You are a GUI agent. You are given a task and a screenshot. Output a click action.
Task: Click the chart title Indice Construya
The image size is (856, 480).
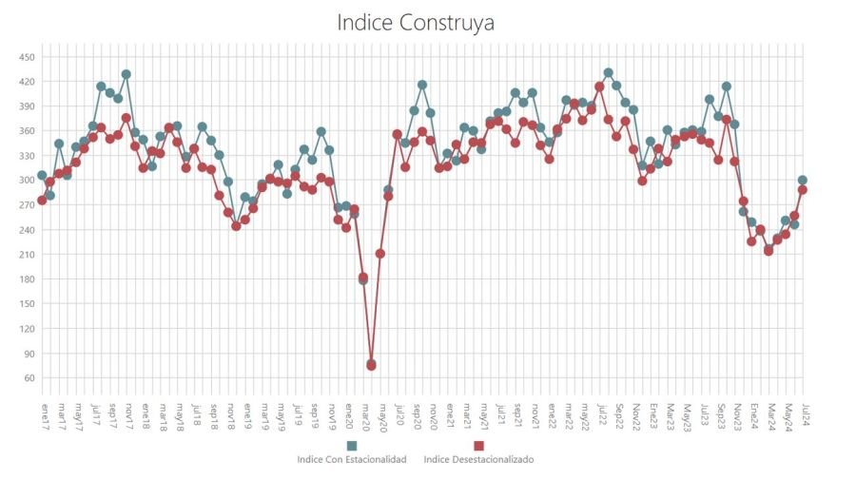[x=416, y=22]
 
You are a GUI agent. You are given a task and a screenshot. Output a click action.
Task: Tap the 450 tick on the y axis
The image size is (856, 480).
[x=27, y=57]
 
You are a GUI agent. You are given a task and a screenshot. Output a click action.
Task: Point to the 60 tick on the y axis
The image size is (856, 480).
[x=29, y=378]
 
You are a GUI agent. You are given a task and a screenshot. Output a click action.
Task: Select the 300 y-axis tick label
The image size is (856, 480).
[x=27, y=181]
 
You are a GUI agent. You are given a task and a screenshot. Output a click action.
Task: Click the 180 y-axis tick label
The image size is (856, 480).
[x=27, y=279]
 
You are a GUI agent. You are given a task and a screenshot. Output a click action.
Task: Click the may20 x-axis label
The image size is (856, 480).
[x=380, y=414]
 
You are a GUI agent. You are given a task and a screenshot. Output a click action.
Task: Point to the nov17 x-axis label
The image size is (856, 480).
[x=126, y=414]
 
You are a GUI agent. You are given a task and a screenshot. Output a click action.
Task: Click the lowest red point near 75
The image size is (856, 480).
[x=372, y=365]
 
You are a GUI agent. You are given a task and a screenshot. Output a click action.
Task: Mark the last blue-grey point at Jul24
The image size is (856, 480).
[x=803, y=180]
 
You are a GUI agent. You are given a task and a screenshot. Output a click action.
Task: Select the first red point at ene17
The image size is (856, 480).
[x=42, y=201]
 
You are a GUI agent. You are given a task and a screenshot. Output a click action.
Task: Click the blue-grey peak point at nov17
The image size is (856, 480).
[x=126, y=74]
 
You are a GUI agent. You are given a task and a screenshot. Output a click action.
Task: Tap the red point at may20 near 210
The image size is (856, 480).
[x=380, y=254]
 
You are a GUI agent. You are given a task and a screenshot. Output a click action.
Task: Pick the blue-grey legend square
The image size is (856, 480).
[x=352, y=446]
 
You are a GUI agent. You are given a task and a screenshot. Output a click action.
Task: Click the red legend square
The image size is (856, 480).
[x=478, y=446]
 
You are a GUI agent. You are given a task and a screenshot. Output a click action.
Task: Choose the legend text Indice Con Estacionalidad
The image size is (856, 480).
[x=352, y=460]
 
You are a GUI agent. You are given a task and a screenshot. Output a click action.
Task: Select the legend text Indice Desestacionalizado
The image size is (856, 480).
[x=478, y=460]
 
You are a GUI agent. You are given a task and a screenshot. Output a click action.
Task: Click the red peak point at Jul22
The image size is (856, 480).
[x=600, y=86]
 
